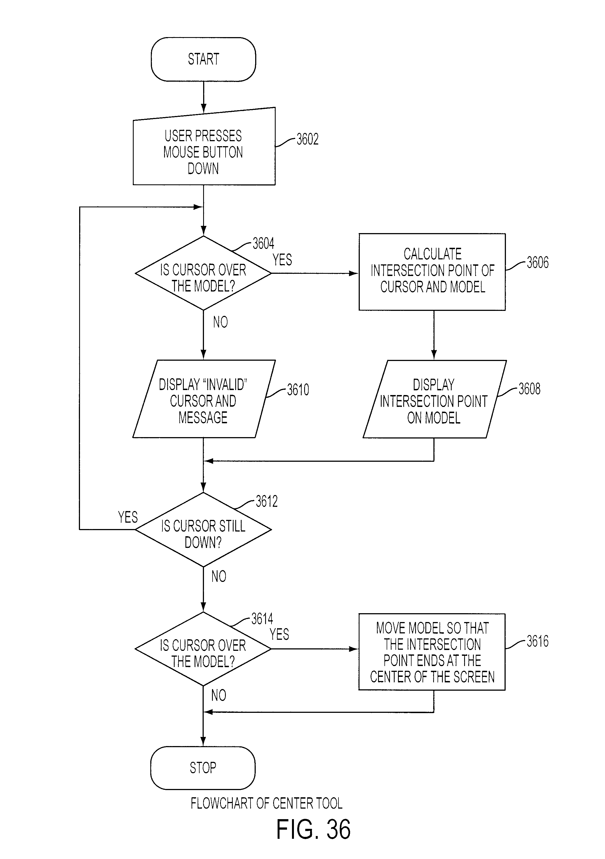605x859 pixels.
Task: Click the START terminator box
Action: click(x=203, y=59)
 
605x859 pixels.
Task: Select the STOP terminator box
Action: click(x=203, y=768)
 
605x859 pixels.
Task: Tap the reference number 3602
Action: click(x=307, y=139)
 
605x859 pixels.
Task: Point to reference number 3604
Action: click(x=263, y=244)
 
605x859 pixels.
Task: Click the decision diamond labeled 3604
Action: click(x=203, y=273)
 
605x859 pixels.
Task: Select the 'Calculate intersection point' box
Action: click(x=432, y=272)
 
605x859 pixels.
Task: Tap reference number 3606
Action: click(x=538, y=263)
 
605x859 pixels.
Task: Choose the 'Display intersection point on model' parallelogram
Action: click(x=435, y=399)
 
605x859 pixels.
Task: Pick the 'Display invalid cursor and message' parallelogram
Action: click(x=204, y=399)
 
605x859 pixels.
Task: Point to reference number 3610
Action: click(x=298, y=390)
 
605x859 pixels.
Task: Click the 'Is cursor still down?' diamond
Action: click(x=203, y=529)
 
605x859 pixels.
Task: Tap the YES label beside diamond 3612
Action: click(x=128, y=517)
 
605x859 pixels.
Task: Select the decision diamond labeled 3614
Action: click(x=203, y=649)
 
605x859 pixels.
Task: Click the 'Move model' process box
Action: click(x=432, y=652)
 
